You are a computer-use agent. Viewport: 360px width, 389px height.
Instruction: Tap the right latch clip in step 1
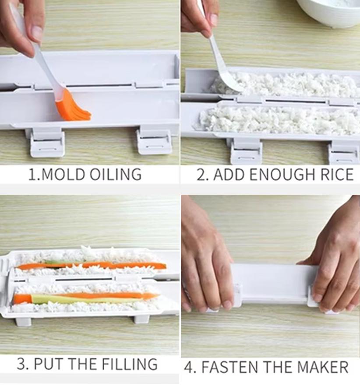(x=154, y=141)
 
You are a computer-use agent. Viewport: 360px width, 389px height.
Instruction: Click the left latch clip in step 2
(x=246, y=151)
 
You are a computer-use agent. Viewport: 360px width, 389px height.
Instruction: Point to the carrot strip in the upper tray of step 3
(x=92, y=265)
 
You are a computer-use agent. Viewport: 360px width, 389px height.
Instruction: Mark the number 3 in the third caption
(x=21, y=364)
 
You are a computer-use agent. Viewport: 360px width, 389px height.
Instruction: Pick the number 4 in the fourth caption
(x=189, y=367)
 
